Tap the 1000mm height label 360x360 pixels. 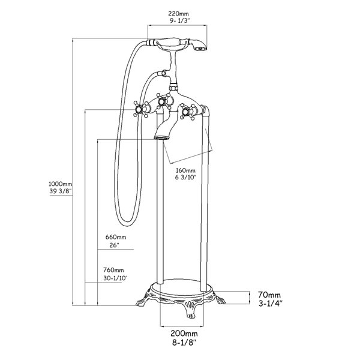[x=61, y=184]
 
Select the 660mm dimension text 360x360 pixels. [x=116, y=237]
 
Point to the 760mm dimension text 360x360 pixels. [x=113, y=270]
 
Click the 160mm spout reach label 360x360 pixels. [x=185, y=170]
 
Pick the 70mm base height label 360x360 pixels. [x=269, y=295]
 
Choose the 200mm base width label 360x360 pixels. [x=184, y=333]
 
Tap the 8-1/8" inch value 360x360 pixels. [x=184, y=343]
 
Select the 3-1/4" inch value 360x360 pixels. [x=270, y=304]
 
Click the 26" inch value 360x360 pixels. [x=114, y=245]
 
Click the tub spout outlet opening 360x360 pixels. [x=161, y=138]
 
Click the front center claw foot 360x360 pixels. [x=191, y=310]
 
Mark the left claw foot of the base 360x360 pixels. [x=143, y=299]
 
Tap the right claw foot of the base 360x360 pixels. [x=218, y=298]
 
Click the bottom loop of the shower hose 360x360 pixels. [x=127, y=222]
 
